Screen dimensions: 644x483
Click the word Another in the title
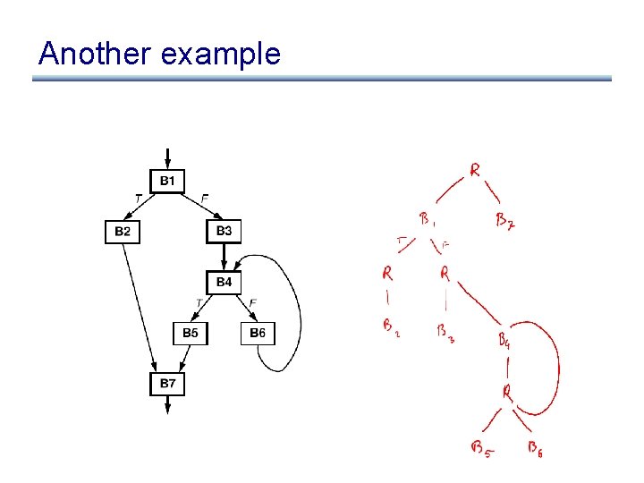pos(95,55)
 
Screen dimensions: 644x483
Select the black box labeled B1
pos(167,182)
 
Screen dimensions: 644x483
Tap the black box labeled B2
pos(123,232)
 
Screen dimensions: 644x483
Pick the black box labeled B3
pos(224,231)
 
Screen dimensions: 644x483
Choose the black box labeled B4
pos(224,283)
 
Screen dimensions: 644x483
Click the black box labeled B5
pos(191,334)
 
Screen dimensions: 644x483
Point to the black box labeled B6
pos(257,334)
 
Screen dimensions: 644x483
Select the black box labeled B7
pos(167,384)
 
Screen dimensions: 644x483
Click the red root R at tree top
pos(475,169)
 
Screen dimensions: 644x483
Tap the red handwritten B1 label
pos(427,219)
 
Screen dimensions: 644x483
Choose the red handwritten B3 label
pos(445,332)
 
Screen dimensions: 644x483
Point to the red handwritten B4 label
pos(504,340)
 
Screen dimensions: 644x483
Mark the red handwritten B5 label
pos(480,448)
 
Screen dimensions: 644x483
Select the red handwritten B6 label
pos(534,448)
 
